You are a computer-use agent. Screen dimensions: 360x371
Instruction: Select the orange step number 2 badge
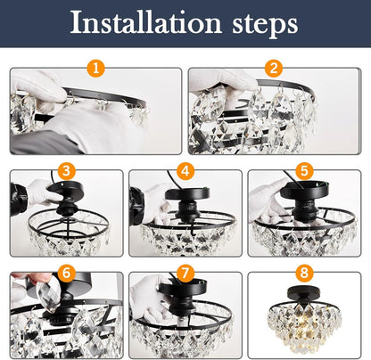click(x=274, y=68)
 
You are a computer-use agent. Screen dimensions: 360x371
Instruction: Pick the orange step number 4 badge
click(x=185, y=171)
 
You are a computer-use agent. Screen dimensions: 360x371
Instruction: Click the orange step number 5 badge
click(x=304, y=171)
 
